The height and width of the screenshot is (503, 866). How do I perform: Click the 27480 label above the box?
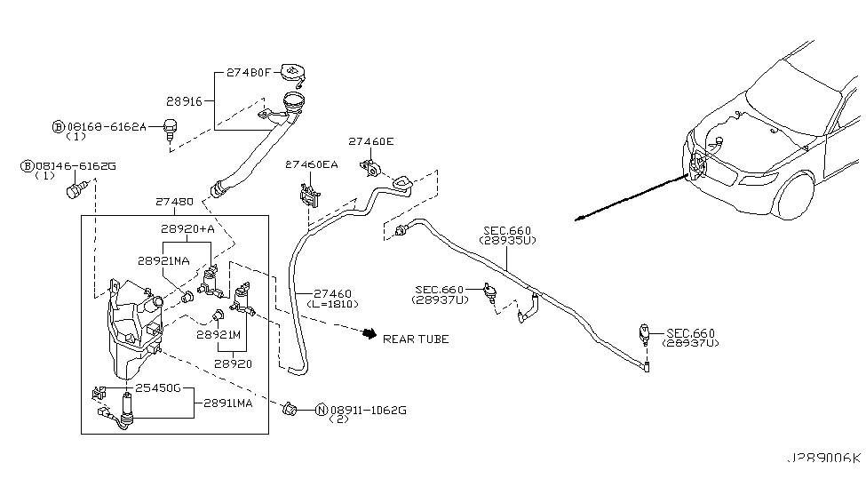[x=173, y=202]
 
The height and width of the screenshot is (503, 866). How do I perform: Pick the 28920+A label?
[x=188, y=228]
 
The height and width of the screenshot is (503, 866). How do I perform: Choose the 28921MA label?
[x=163, y=261]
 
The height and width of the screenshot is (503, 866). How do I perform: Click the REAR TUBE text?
[x=416, y=339]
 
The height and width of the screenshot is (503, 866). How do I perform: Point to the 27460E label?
[x=371, y=141]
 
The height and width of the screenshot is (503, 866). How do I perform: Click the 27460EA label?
[x=311, y=165]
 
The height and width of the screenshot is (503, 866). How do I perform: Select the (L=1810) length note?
[x=332, y=303]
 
